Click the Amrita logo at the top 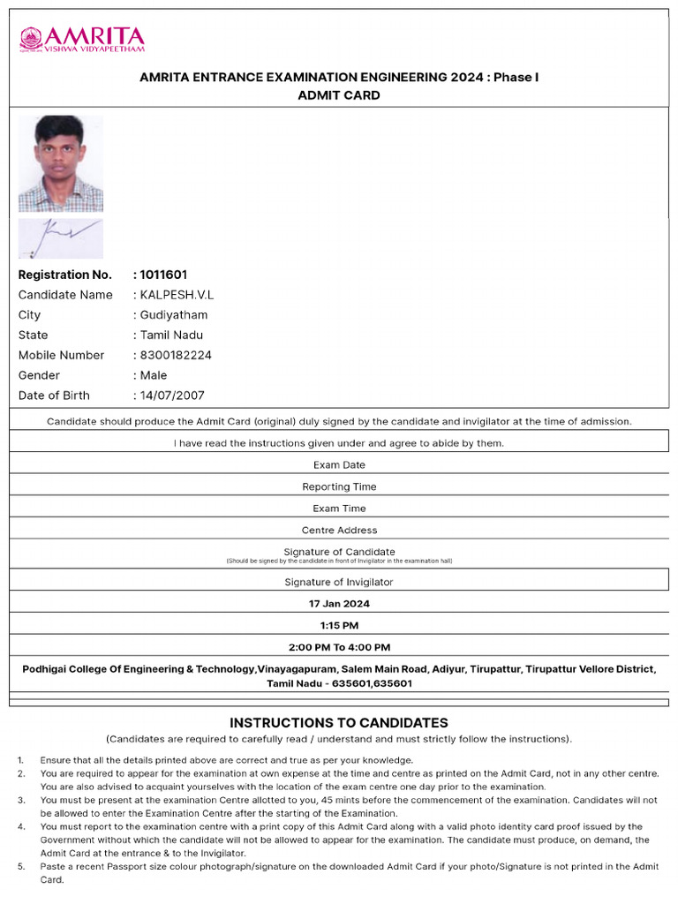[82, 40]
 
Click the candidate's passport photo [60, 163]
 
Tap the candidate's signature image [60, 238]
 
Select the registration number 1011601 [163, 275]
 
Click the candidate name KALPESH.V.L [177, 295]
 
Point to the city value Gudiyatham [174, 315]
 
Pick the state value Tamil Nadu [171, 335]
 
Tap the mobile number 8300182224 [176, 356]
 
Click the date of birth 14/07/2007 [172, 395]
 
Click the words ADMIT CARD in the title [339, 95]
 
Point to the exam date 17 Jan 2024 [339, 604]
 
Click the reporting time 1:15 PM [339, 626]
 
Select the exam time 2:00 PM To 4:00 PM [339, 647]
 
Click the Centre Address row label [339, 531]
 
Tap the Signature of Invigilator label [339, 582]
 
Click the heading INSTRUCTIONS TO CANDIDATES [339, 722]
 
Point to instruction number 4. [20, 826]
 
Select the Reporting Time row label [339, 486]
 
